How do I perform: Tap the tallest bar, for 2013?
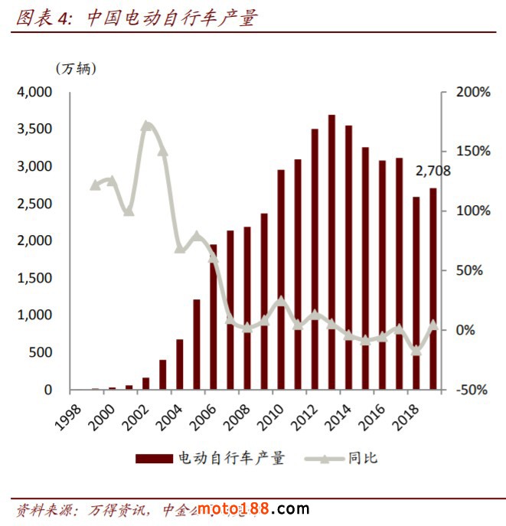point(331,253)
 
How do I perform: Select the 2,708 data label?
point(433,171)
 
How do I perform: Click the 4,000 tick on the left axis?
point(33,92)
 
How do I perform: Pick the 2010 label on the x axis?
point(268,414)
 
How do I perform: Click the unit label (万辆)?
point(76,67)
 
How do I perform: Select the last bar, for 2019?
point(433,289)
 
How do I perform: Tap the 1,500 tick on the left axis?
point(33,278)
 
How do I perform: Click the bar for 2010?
point(281,279)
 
